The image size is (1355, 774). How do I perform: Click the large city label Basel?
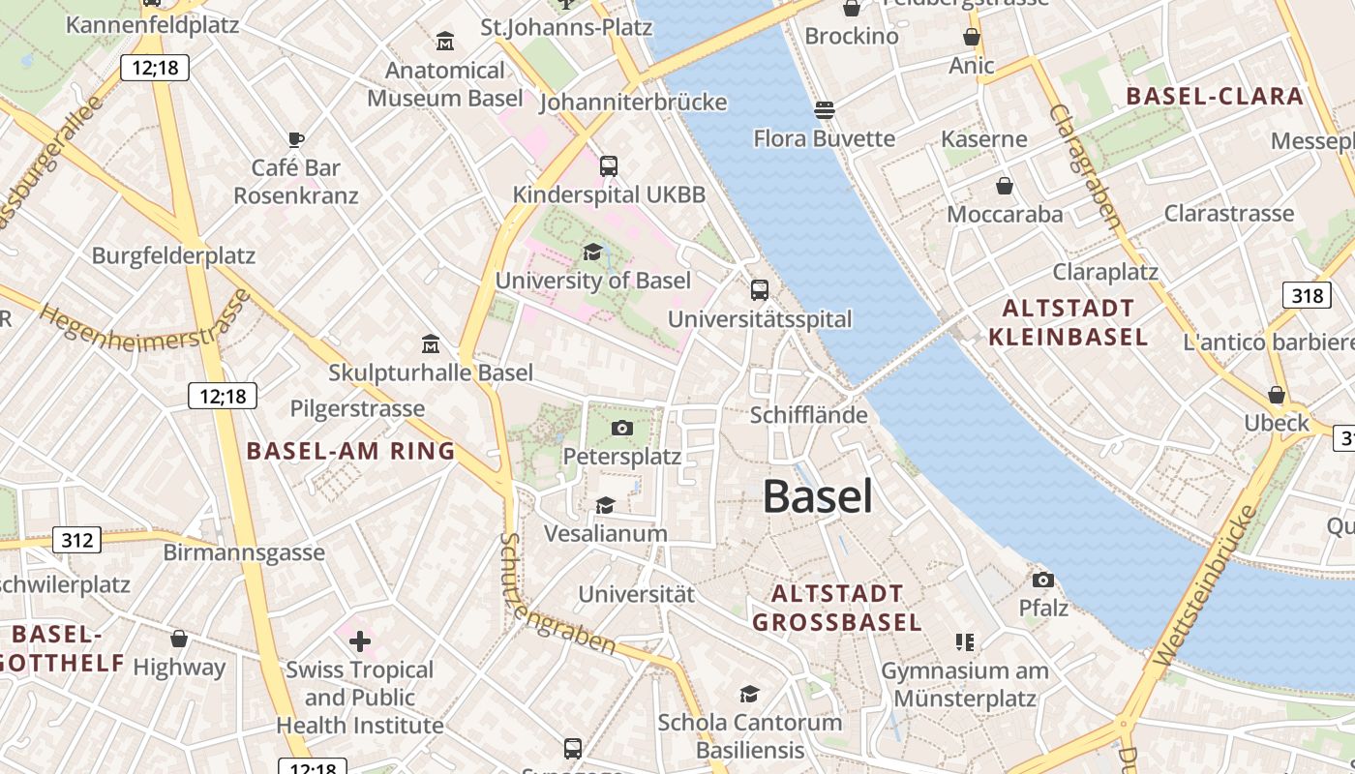[818, 496]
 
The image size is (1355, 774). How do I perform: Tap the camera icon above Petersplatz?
[622, 428]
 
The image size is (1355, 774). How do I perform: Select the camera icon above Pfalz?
[1042, 580]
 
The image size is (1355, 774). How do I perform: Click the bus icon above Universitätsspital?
[760, 289]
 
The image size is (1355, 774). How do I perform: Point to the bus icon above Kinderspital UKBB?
[608, 166]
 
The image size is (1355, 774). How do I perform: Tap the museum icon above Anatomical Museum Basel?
[445, 42]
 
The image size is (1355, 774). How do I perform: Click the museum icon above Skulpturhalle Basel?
[431, 344]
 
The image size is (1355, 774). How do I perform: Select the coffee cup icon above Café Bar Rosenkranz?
[296, 139]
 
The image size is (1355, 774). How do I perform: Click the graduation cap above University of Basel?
[592, 253]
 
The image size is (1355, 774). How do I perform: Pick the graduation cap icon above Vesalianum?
[605, 505]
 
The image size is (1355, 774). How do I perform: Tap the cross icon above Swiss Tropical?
[359, 640]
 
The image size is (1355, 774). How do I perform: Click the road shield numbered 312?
[75, 539]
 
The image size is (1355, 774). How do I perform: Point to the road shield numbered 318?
[1307, 294]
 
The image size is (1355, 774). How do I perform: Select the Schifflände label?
[808, 415]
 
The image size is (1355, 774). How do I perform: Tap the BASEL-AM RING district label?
[350, 451]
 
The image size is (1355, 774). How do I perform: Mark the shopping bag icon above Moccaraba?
[1005, 186]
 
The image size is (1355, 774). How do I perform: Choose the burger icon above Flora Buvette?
[824, 110]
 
